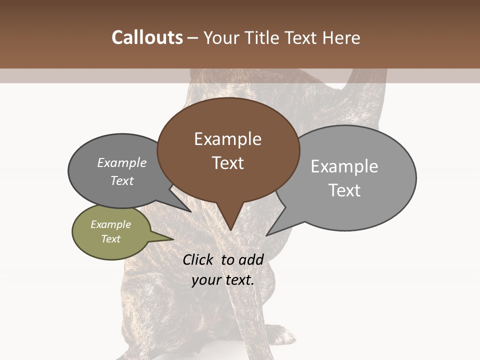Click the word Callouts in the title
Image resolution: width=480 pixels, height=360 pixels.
[147, 37]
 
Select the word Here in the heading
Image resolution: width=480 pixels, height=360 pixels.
[341, 38]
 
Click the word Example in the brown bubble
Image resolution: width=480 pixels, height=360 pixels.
[227, 139]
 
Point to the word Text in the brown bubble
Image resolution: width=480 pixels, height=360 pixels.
[228, 163]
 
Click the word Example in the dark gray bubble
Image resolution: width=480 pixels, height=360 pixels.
[122, 162]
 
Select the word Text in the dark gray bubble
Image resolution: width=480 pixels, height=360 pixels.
[122, 180]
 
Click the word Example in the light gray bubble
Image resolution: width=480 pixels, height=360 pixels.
[344, 166]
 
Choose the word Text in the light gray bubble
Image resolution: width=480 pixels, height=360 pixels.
[344, 190]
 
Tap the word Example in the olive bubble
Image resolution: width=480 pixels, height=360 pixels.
[111, 224]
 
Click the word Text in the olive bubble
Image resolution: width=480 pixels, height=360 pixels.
[111, 239]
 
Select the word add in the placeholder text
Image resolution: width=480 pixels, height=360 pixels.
[251, 259]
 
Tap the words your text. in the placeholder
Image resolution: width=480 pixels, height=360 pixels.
[223, 280]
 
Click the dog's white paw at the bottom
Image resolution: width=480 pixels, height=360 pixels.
[282, 334]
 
